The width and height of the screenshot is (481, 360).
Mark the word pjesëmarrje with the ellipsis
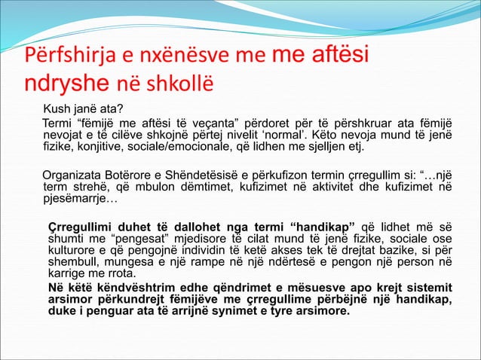80,200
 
